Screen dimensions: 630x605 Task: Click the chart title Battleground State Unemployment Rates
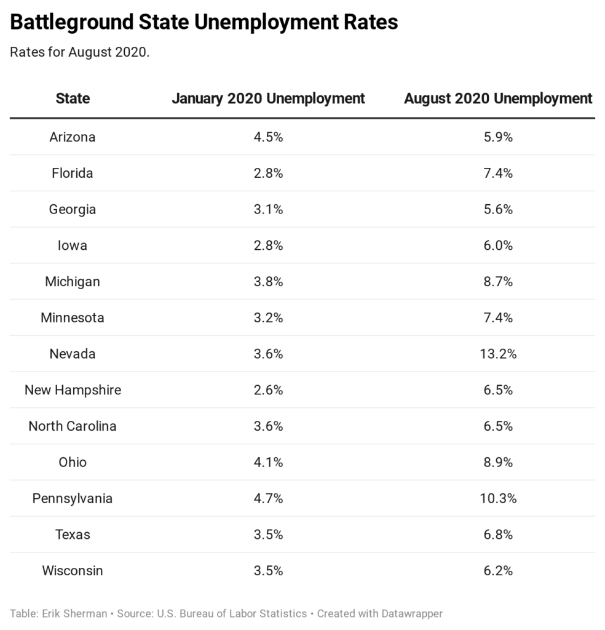(204, 23)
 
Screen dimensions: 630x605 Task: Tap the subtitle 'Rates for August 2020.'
(80, 52)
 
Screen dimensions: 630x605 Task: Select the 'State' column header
(73, 98)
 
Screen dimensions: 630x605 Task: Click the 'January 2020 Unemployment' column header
(268, 98)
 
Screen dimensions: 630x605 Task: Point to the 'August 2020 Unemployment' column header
(498, 98)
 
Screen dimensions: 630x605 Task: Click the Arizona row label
(73, 137)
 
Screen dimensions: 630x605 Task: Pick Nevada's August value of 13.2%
(498, 354)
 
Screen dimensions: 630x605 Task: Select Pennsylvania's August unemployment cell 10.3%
(498, 498)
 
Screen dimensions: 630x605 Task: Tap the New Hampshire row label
(73, 390)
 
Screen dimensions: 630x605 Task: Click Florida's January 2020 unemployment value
(268, 173)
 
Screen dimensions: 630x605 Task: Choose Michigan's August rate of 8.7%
(498, 282)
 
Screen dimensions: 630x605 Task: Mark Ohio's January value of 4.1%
(268, 462)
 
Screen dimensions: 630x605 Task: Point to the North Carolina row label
(73, 426)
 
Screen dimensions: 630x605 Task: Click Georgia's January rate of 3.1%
(268, 209)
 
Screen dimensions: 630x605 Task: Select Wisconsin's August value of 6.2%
(498, 570)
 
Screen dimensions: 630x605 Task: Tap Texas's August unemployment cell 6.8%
(498, 534)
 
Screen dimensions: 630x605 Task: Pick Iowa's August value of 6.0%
(498, 245)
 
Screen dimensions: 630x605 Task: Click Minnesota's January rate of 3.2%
(268, 317)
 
